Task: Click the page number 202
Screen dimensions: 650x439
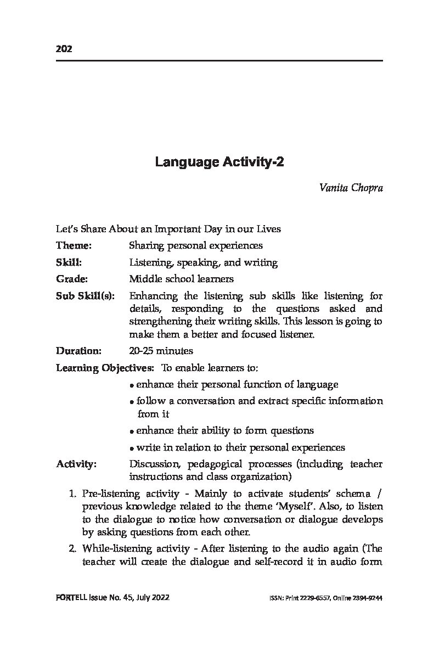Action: [x=64, y=49]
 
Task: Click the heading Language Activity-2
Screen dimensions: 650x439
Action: [x=219, y=162]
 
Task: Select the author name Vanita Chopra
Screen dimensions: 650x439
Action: [x=351, y=188]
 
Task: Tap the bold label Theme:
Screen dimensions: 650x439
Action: [x=74, y=245]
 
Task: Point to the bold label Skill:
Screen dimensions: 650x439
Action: [x=69, y=262]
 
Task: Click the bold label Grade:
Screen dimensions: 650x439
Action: [x=72, y=279]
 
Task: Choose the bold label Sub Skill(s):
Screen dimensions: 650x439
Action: [x=86, y=296]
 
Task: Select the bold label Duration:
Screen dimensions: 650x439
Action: [x=79, y=350]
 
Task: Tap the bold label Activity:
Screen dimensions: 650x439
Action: [x=76, y=464]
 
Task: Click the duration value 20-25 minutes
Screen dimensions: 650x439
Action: [x=161, y=350]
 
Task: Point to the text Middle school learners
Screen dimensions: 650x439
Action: [x=181, y=279]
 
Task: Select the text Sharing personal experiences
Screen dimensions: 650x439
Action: [x=195, y=245]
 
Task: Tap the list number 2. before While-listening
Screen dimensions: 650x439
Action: [x=73, y=548]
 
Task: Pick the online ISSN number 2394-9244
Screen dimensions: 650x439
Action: [x=368, y=598]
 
